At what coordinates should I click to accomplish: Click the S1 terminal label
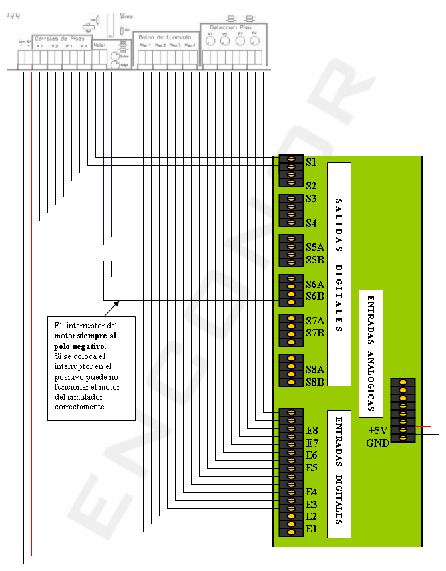click(311, 162)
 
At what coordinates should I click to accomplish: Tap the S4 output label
click(311, 223)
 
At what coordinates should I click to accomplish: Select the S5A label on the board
click(314, 247)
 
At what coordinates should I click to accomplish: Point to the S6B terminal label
click(314, 296)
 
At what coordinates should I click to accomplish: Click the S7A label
click(314, 320)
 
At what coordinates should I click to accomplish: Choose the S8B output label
click(314, 382)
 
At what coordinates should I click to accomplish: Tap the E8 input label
click(312, 431)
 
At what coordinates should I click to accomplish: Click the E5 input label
click(312, 468)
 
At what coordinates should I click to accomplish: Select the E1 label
click(312, 529)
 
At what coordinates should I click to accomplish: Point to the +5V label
click(377, 431)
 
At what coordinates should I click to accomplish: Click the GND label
click(377, 443)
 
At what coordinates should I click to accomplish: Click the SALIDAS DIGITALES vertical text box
click(339, 274)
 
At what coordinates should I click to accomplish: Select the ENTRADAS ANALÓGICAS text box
click(371, 354)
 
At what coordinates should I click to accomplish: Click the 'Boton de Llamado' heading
click(165, 37)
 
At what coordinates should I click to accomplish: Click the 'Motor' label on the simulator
click(99, 45)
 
